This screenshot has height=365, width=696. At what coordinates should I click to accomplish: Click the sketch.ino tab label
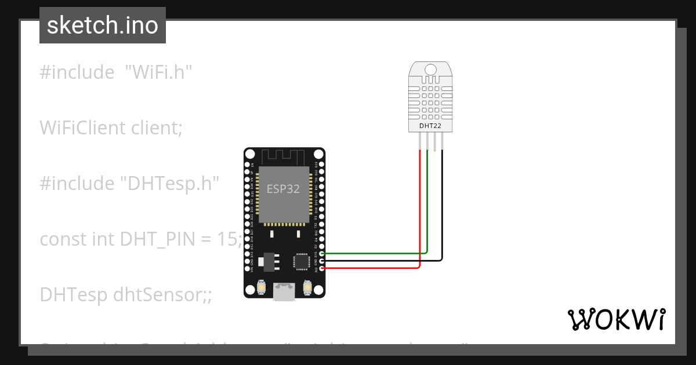[102, 25]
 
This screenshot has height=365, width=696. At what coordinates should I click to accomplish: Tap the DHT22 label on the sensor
[430, 125]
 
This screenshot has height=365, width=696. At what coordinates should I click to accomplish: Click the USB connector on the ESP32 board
[284, 293]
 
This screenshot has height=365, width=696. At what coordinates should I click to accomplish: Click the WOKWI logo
[616, 319]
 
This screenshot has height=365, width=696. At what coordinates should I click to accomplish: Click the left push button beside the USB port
[262, 287]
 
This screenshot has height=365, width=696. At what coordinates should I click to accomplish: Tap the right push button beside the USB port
[307, 287]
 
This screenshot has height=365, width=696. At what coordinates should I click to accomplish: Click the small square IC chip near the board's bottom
[302, 261]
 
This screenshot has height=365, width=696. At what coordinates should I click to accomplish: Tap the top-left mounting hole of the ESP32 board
[250, 154]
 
